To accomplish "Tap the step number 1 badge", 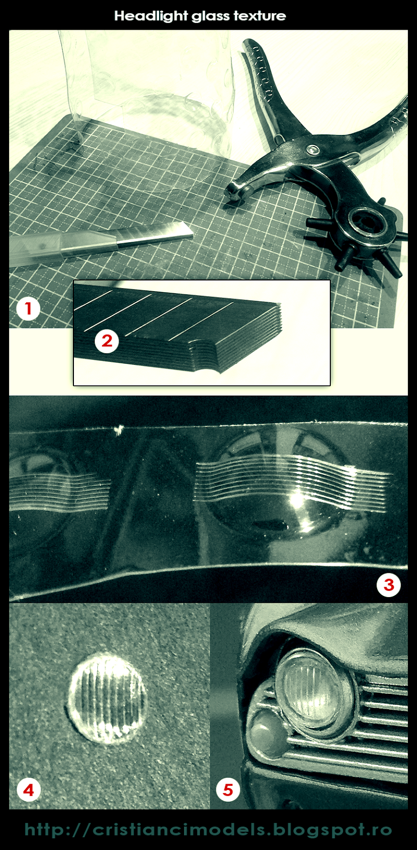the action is [x=29, y=309].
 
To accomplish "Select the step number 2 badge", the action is [x=107, y=341].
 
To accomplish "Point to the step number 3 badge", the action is [x=388, y=585].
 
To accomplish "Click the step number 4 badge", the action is [x=29, y=790].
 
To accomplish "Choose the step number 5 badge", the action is [x=228, y=790].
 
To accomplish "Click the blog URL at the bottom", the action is [x=208, y=830].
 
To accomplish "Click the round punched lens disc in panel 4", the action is [x=107, y=698].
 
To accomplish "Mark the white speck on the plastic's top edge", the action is [x=119, y=429].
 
